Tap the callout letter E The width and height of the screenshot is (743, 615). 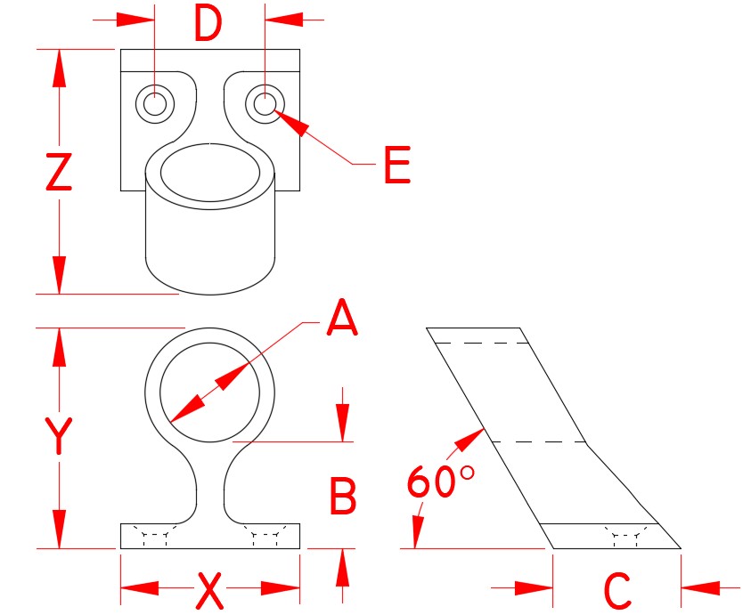pos(396,166)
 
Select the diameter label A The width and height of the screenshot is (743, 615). pos(341,319)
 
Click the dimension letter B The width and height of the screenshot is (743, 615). pos(343,495)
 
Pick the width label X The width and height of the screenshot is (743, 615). pos(208,590)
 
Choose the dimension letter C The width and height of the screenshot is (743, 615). pos(616,590)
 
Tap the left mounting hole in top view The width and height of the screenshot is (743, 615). pos(155,104)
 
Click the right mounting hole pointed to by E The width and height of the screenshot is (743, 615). pos(265,104)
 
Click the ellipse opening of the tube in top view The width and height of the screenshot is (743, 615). pos(210,172)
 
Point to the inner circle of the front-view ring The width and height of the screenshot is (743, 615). pos(210,391)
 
